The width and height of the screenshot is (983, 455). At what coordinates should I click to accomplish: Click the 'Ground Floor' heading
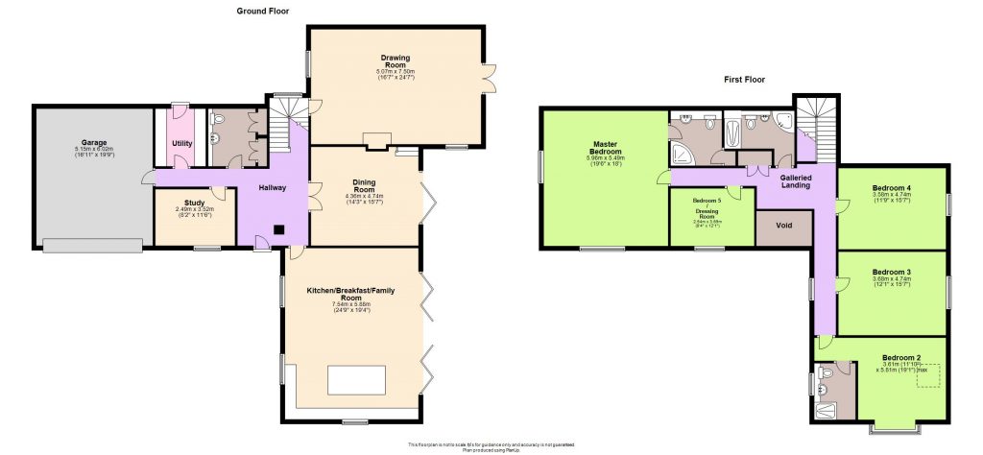[263, 11]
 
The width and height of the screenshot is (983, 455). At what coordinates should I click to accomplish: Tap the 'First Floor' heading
[744, 80]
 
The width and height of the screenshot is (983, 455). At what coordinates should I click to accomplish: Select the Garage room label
[94, 141]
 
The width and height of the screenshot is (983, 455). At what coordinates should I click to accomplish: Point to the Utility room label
[181, 144]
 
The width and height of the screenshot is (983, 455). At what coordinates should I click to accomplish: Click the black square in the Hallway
[277, 229]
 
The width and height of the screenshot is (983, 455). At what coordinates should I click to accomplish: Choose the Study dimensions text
[195, 212]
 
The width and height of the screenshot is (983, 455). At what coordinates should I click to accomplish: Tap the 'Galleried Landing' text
[796, 182]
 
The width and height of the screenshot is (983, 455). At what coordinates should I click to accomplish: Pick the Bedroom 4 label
[891, 187]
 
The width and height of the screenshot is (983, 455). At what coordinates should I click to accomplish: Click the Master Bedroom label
[606, 148]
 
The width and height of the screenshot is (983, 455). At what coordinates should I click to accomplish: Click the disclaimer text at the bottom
[491, 445]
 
